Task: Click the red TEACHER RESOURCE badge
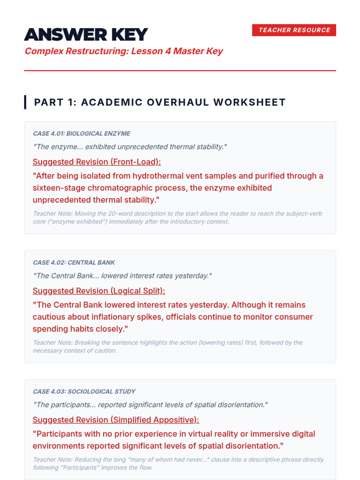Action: point(294,30)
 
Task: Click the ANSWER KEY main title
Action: point(86,34)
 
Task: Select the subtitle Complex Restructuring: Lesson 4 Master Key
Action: point(124,51)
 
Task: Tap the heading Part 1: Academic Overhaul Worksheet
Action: point(160,102)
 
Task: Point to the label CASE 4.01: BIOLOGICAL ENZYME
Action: point(82,133)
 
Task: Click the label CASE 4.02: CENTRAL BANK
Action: point(74,262)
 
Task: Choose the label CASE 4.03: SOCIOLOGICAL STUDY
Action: point(84,391)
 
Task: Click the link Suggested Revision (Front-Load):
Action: point(97,162)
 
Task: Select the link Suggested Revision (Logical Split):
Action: point(99,291)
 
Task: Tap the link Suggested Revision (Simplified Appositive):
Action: point(116,420)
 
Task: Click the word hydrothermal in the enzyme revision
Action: point(157,176)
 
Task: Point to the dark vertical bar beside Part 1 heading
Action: point(25,102)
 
